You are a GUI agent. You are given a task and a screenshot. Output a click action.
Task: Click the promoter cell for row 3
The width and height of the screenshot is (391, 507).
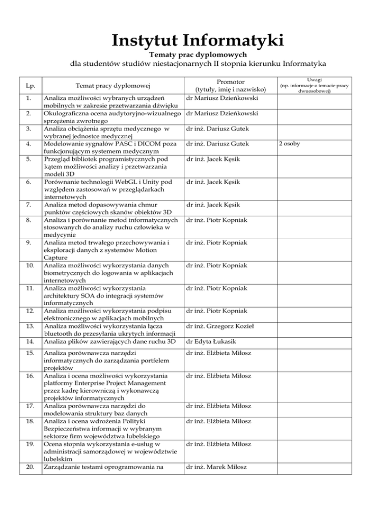pyautogui.click(x=219, y=129)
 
